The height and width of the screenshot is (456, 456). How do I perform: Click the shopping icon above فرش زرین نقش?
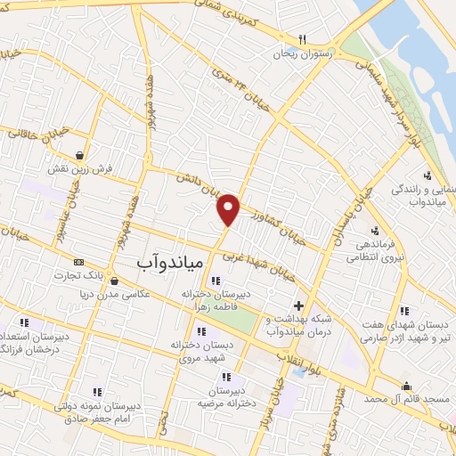click(81, 154)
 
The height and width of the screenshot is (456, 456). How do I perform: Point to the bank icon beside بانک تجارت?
click(78, 263)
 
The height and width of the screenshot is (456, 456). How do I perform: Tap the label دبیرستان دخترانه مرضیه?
click(233, 395)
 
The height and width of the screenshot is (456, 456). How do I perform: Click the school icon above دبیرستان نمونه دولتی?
click(97, 390)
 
